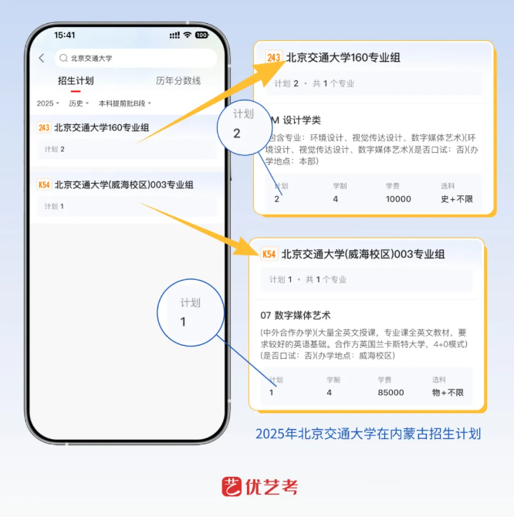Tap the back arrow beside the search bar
coord(42,59)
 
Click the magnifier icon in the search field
coord(63,59)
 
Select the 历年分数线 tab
coord(178,81)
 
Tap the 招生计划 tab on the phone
coord(76,81)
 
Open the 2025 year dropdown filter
coord(48,103)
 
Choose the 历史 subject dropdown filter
coord(79,103)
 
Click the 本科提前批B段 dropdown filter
coord(124,103)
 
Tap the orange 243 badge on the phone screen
coord(44,127)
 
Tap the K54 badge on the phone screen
coord(44,184)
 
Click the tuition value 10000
coord(398,199)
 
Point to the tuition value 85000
coord(391,392)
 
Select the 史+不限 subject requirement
coord(457,199)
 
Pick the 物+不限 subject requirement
coord(448,392)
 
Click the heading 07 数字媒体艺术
coord(296,316)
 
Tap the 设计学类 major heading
coord(302,120)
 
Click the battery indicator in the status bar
coord(201,35)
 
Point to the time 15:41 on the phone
coord(65,35)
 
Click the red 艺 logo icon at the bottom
coord(232,487)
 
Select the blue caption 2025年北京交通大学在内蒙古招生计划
coord(368,434)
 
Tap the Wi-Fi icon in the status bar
coord(188,35)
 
